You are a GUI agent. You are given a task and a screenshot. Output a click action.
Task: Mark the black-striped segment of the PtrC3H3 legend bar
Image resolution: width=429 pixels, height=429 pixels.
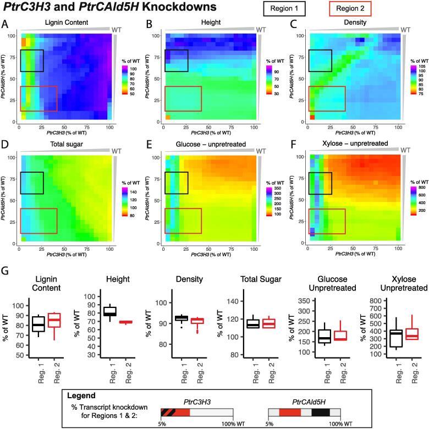click(168, 412)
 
